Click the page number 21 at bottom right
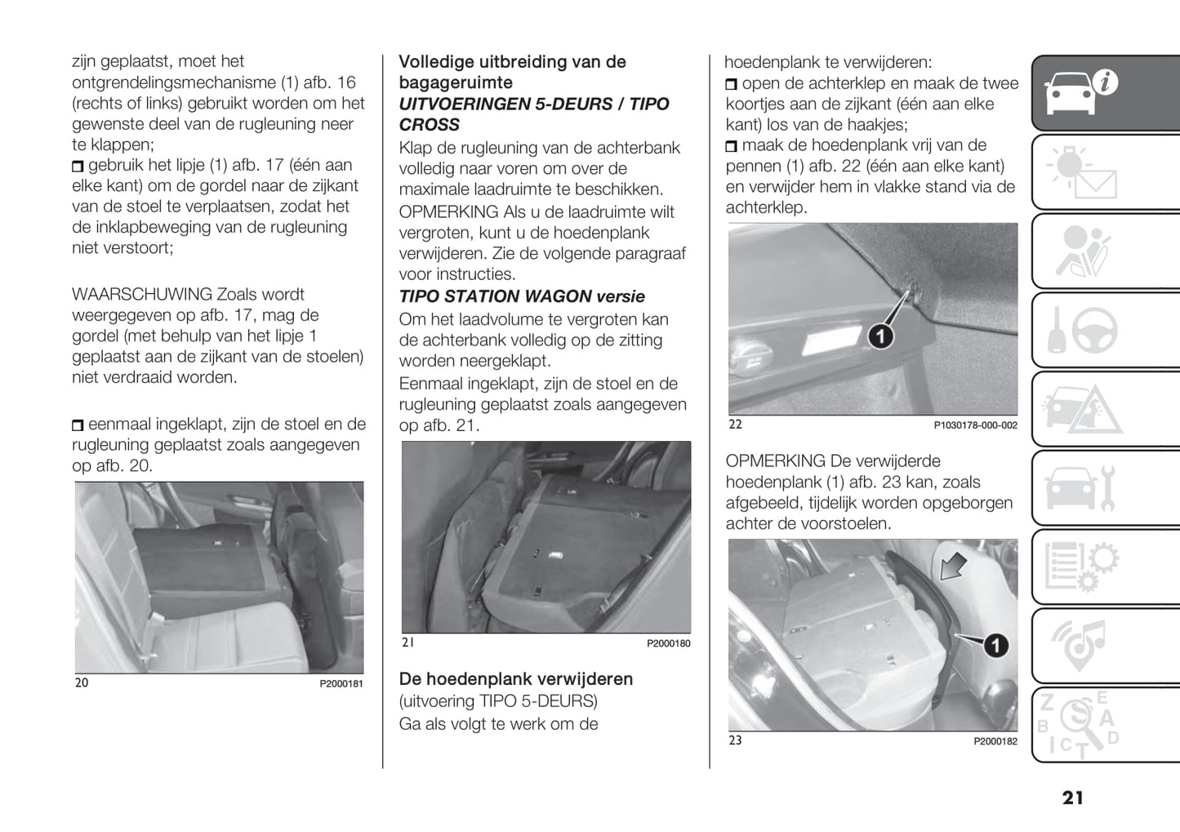[x=1073, y=798]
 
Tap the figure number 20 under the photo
[x=82, y=683]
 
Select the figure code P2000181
[x=341, y=683]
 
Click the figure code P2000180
[x=668, y=643]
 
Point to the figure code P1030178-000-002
[x=975, y=425]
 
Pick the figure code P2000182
[x=995, y=741]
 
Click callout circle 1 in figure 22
[x=879, y=336]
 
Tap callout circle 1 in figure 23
[x=995, y=646]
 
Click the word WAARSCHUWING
[x=142, y=294]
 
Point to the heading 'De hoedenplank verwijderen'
[x=515, y=679]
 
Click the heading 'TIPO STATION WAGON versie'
[x=522, y=296]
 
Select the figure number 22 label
[x=735, y=425]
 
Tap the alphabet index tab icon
[x=1078, y=723]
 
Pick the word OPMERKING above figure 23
[x=775, y=461]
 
